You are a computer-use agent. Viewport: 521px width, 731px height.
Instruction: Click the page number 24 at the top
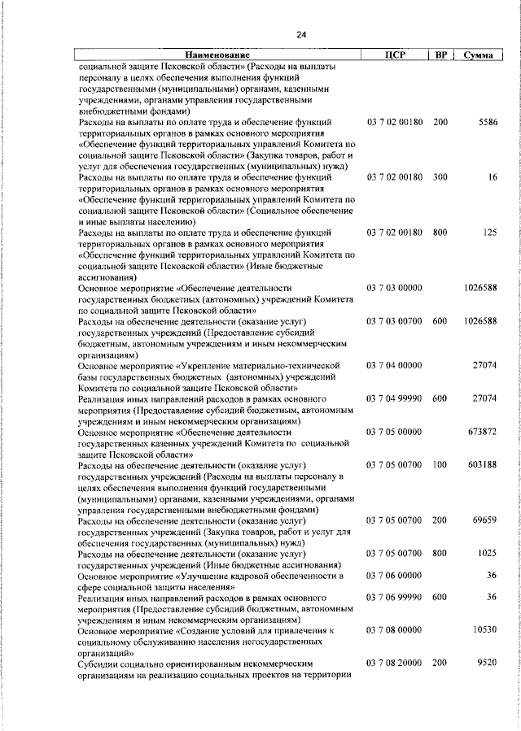tap(301, 34)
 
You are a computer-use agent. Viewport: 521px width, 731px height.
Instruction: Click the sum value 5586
tap(487, 122)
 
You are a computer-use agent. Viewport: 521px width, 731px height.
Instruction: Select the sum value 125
tap(489, 233)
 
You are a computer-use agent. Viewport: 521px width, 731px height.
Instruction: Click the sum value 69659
tap(485, 520)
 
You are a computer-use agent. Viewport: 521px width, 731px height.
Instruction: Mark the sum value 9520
tap(487, 664)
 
